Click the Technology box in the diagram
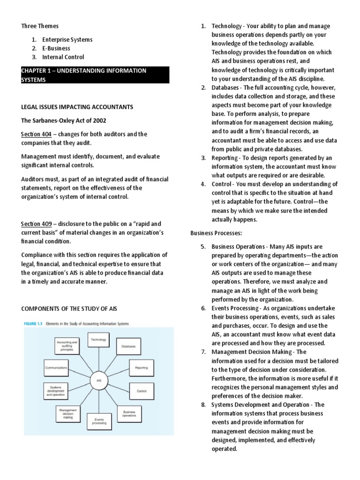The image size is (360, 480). (98, 340)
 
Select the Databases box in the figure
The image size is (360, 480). (128, 346)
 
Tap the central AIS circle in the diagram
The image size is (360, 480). (99, 380)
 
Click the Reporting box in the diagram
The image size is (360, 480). (142, 368)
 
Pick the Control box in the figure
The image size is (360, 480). (142, 390)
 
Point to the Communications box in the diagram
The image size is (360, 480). (56, 368)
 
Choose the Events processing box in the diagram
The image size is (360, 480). (99, 421)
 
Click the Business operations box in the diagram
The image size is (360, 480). (129, 413)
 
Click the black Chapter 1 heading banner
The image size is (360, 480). (95, 75)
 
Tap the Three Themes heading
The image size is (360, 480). (40, 26)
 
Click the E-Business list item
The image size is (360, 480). (56, 48)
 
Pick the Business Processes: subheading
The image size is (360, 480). (217, 233)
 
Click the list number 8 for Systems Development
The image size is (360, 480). (203, 405)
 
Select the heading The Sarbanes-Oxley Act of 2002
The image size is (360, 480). (67, 120)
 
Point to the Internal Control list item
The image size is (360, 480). (63, 57)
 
